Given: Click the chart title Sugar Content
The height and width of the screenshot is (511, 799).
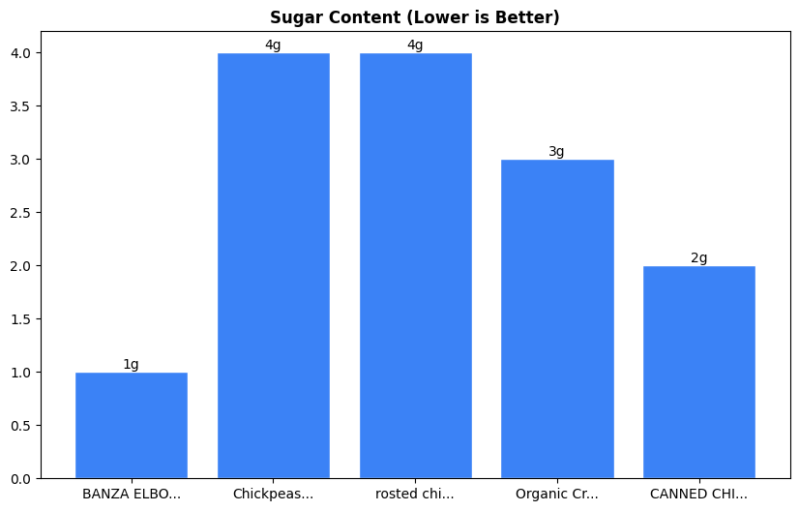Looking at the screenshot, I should pos(414,17).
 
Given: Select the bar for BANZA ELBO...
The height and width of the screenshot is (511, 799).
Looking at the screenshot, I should pos(132,425).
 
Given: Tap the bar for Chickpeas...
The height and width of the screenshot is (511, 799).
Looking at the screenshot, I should pos(273,265).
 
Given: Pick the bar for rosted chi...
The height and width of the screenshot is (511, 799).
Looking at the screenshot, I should pos(415,265).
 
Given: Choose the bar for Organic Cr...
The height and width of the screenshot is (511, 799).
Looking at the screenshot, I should pos(557,318).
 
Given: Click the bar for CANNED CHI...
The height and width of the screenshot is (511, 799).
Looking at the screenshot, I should pos(698,372).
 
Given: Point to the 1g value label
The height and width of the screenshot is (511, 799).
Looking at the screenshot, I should pos(132,365).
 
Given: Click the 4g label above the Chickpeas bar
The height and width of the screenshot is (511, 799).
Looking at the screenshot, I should pos(273,45).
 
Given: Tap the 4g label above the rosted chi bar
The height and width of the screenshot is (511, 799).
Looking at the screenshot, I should pos(415,45).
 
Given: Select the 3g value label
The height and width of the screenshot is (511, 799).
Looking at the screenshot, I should pos(557,152).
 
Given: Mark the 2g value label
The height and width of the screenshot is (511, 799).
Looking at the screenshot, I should pos(698,258).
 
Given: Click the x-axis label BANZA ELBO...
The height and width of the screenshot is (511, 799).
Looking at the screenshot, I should pos(132,495).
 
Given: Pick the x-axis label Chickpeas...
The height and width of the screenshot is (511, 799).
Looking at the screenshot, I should pos(273,495).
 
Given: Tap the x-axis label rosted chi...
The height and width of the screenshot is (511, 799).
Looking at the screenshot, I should pos(415,495).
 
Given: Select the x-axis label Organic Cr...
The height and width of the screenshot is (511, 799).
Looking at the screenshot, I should pos(557,495).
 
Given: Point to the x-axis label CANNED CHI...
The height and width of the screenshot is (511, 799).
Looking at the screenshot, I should pos(698,495).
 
